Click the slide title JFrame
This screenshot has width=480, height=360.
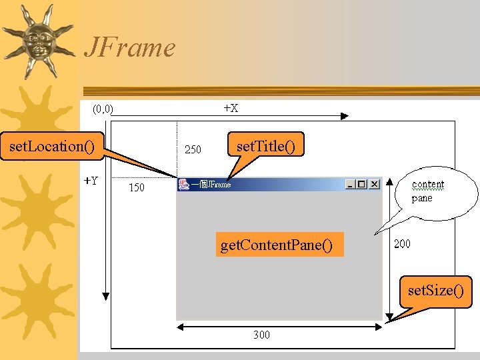coord(129,47)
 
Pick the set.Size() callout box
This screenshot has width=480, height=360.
coord(435,291)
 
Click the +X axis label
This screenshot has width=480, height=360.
coord(231,107)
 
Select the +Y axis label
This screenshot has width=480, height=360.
coord(91,180)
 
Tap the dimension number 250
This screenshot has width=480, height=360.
coord(193,149)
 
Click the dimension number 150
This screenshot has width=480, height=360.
coord(136,187)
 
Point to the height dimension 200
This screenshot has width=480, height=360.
coord(402,243)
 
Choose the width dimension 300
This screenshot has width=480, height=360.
coord(261,335)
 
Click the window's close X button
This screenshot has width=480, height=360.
coord(374,185)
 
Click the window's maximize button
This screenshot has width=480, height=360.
coord(362,185)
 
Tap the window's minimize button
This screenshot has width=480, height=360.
coord(351,185)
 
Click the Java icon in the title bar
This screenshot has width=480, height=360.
coord(183,184)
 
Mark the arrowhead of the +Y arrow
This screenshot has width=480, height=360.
coord(105,295)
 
